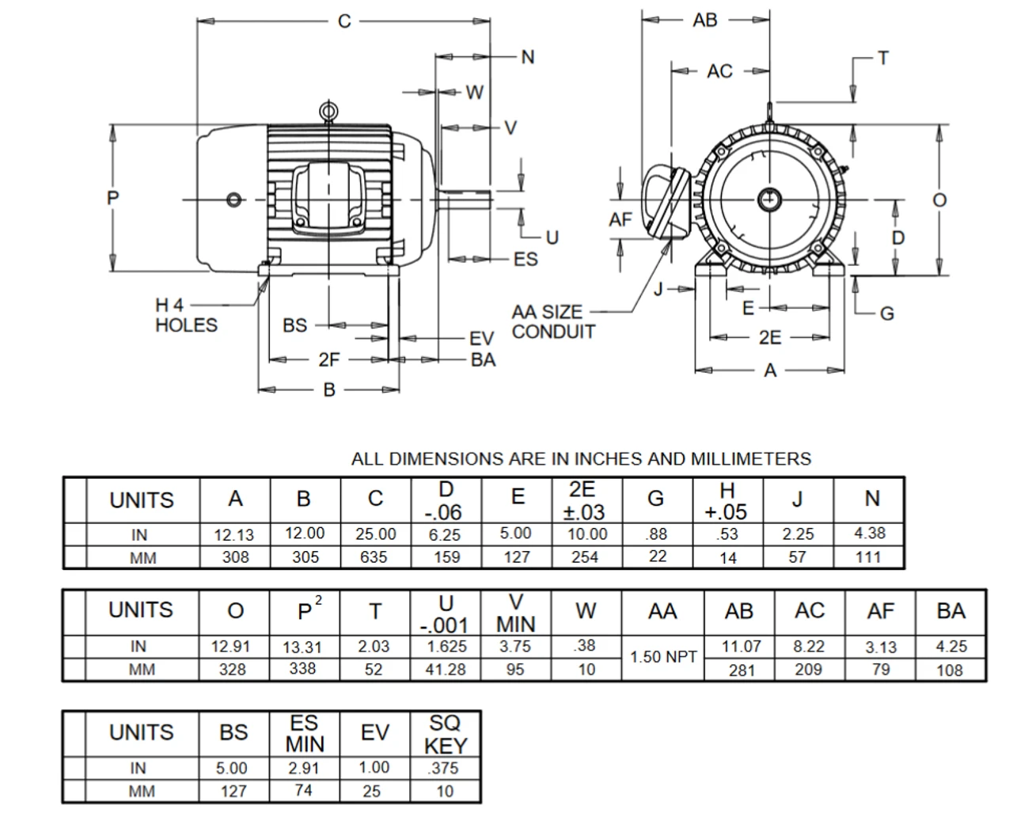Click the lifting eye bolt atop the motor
tap(328, 112)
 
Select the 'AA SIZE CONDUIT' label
tap(552, 322)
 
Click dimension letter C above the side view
tap(344, 21)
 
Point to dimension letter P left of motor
tap(113, 198)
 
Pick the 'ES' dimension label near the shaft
tap(525, 260)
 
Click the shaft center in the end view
tap(768, 198)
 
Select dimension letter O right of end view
tap(939, 200)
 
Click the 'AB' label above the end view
tap(704, 20)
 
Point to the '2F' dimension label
tap(328, 360)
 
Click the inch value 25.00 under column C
tap(375, 534)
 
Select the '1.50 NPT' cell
tap(663, 657)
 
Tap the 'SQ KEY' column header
tap(446, 734)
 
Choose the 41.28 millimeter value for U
tap(446, 670)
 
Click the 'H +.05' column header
tap(727, 500)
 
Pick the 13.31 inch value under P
tap(304, 647)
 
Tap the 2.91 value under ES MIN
tap(304, 768)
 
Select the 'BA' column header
tap(950, 611)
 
